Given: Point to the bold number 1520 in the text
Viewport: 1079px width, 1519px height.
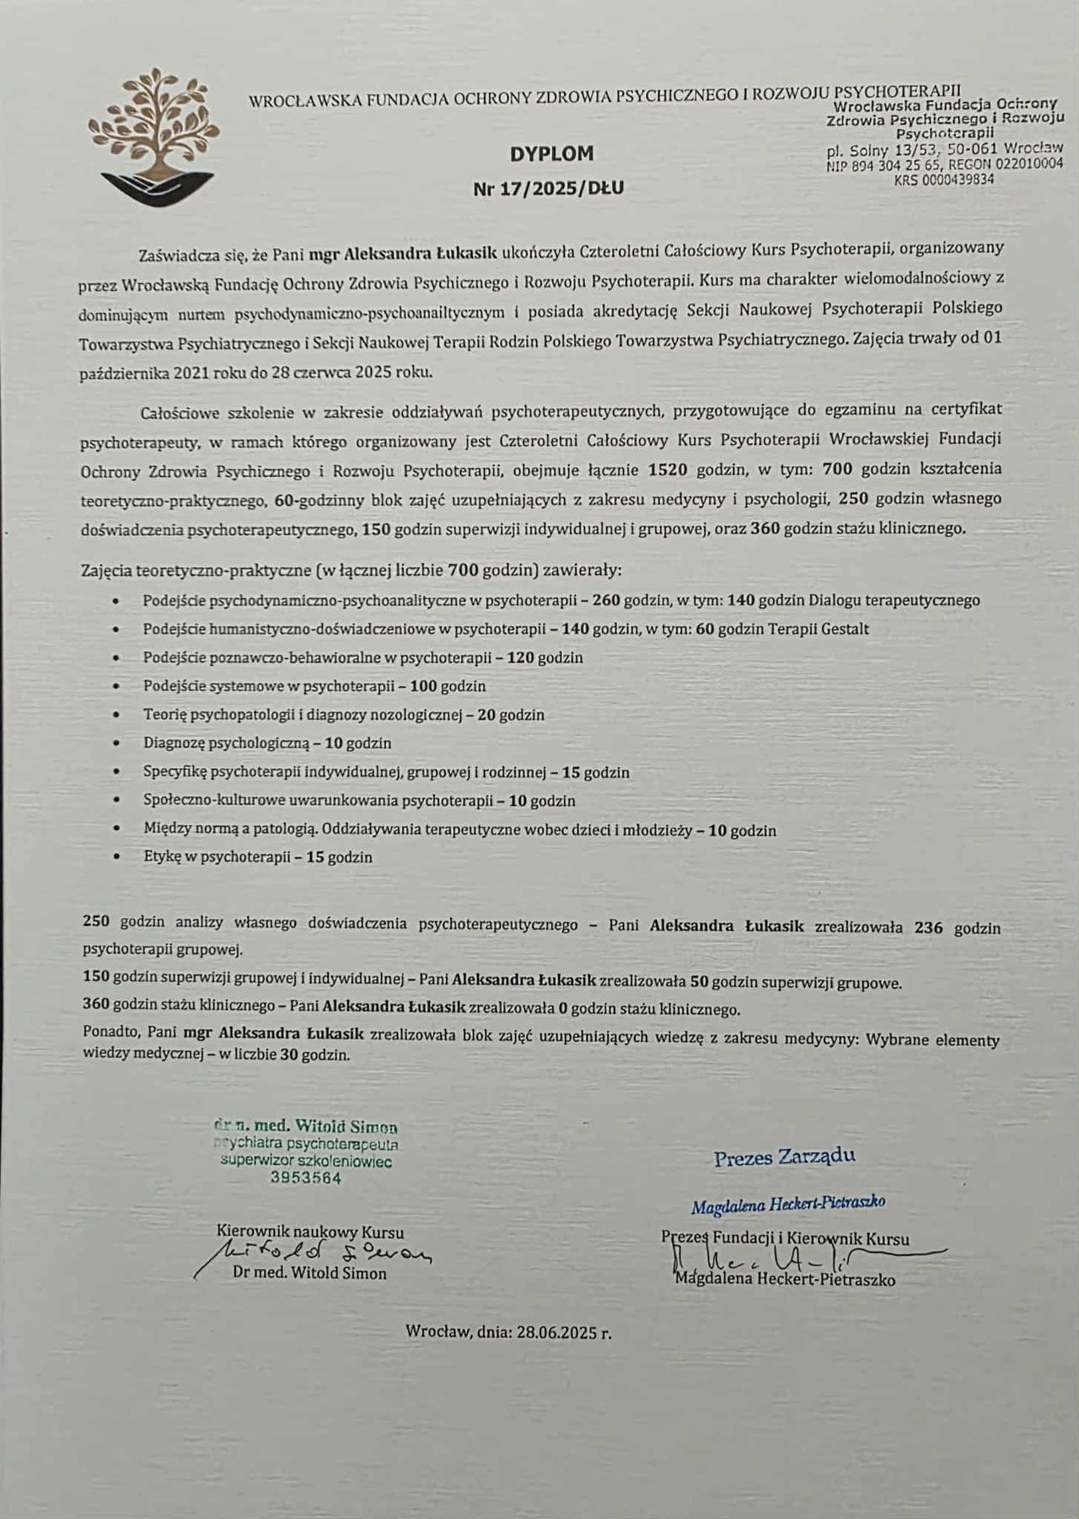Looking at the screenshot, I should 668,469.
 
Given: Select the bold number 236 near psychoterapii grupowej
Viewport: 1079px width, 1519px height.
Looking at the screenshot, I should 928,927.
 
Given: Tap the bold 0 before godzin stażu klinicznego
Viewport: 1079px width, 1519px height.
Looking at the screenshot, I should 561,1009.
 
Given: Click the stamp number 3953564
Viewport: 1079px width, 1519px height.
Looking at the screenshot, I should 306,1178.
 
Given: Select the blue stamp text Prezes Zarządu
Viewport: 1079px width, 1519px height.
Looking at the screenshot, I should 784,1157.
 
